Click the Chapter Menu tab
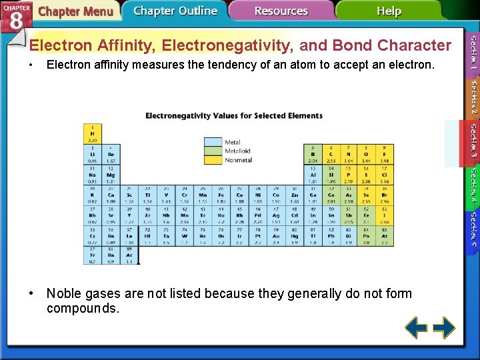pyautogui.click(x=75, y=11)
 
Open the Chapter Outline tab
pyautogui.click(x=175, y=11)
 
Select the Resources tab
pyautogui.click(x=281, y=11)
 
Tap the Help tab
pyautogui.click(x=388, y=11)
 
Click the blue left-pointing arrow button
pyautogui.click(x=417, y=327)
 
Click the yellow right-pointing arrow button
pyautogui.click(x=444, y=327)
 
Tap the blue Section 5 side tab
pyautogui.click(x=472, y=229)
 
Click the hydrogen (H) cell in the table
pyautogui.click(x=92, y=133)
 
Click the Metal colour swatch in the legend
pyautogui.click(x=213, y=142)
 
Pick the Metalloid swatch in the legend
pyautogui.click(x=213, y=151)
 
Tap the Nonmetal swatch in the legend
pyautogui.click(x=213, y=159)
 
